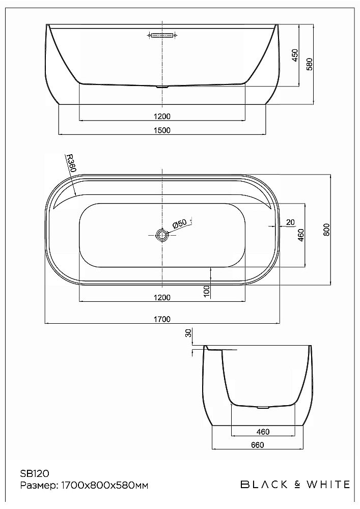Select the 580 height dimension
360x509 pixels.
click(x=309, y=64)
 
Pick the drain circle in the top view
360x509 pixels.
click(x=162, y=235)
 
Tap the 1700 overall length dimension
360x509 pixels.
click(x=161, y=319)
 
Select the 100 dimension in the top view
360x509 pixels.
click(x=206, y=291)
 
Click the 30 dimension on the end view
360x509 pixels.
click(x=188, y=333)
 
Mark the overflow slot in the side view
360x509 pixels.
click(x=162, y=35)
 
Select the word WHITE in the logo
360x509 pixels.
click(x=327, y=484)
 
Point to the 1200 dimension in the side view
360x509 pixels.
click(x=161, y=116)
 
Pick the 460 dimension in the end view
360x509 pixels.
click(x=262, y=432)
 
